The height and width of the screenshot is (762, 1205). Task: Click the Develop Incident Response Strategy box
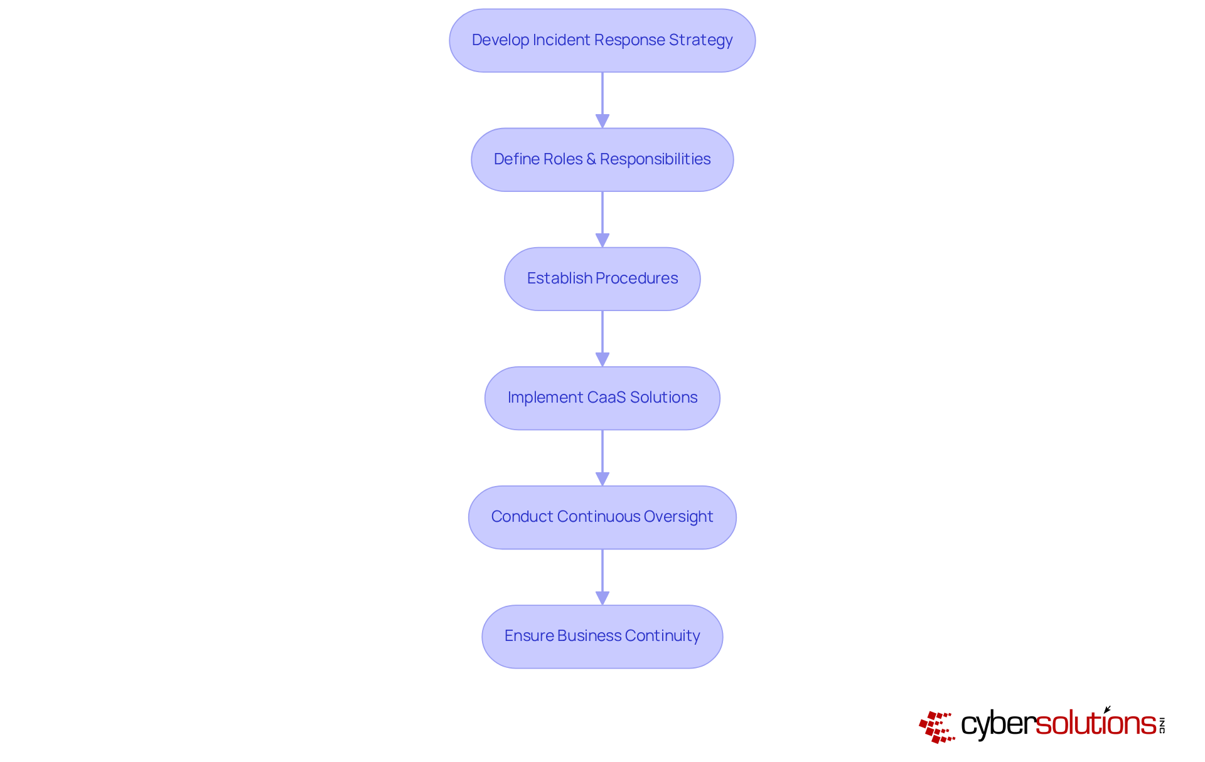(x=602, y=40)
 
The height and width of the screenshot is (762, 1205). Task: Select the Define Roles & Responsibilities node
(x=602, y=159)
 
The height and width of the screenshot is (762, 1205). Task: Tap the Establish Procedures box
(x=602, y=278)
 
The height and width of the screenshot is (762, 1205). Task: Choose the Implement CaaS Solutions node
(x=602, y=398)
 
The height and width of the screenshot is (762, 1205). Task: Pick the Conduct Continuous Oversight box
(x=602, y=517)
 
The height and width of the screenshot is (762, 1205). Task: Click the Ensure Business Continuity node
(x=602, y=636)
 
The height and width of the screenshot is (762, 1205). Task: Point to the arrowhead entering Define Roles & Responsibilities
(x=602, y=121)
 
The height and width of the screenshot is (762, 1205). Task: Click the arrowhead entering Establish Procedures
(x=602, y=240)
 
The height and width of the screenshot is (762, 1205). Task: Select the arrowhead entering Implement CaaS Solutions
(x=602, y=359)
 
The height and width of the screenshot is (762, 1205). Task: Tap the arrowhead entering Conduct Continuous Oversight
(x=602, y=479)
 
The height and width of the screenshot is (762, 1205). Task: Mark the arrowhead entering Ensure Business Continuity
(x=602, y=598)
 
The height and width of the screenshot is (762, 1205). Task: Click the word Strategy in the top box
(x=700, y=40)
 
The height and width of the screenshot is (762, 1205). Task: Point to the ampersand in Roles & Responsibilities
(x=591, y=159)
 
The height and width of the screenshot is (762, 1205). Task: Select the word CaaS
(x=606, y=398)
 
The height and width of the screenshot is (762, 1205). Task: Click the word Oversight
(x=678, y=517)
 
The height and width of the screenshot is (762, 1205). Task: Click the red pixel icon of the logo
(x=937, y=727)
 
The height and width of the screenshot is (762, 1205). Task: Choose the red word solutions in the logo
(x=1096, y=723)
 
